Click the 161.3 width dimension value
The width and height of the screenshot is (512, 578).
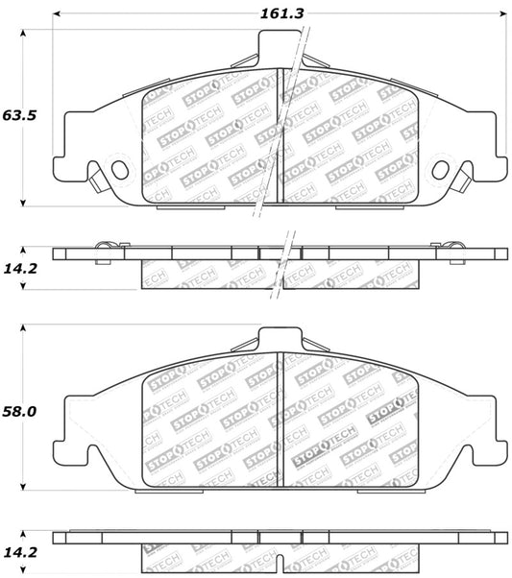tap(280, 14)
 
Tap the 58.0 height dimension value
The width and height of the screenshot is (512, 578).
tap(18, 411)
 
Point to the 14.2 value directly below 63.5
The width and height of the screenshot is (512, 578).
tap(18, 270)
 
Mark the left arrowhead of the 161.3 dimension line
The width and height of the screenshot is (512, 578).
tap(56, 14)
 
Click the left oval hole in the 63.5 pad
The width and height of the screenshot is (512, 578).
tap(120, 169)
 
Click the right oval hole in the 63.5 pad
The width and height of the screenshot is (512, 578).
tap(441, 169)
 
